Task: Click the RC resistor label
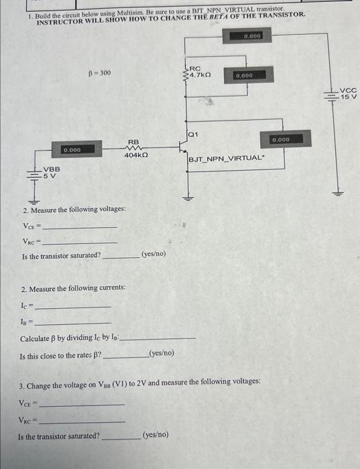coord(195,68)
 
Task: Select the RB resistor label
coord(133,142)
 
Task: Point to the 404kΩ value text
coord(136,155)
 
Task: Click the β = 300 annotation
coord(99,73)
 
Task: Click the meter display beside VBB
coord(73,150)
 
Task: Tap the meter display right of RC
coord(244,76)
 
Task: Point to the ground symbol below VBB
coord(31,199)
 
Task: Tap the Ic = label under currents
coord(27,305)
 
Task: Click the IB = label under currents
coord(27,322)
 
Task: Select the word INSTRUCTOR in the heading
coord(59,22)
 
